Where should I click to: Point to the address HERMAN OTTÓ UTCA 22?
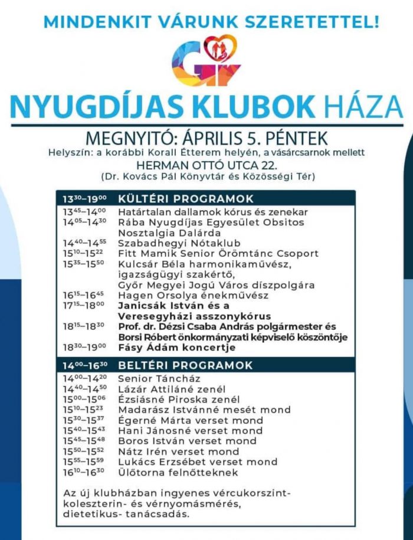(205, 165)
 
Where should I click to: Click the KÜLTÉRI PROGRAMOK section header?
(186, 198)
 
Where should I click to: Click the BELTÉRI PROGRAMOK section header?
(185, 365)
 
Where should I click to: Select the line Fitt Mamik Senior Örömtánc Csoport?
(218, 254)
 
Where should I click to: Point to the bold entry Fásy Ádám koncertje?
(177, 348)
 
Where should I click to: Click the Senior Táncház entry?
(159, 378)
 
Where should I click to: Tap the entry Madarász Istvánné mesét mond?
(204, 410)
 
